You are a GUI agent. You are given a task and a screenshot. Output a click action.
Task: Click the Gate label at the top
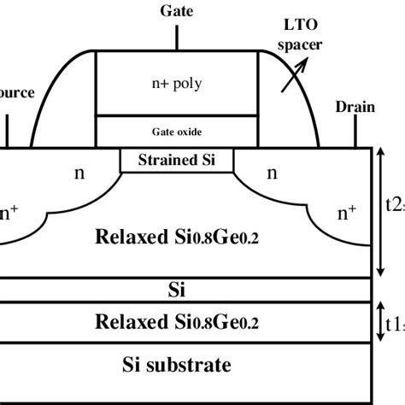(x=176, y=12)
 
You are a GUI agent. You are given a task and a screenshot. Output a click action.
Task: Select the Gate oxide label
(x=176, y=132)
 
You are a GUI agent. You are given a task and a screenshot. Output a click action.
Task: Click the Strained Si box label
(x=176, y=160)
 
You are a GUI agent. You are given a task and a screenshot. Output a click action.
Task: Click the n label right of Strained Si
(x=273, y=173)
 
